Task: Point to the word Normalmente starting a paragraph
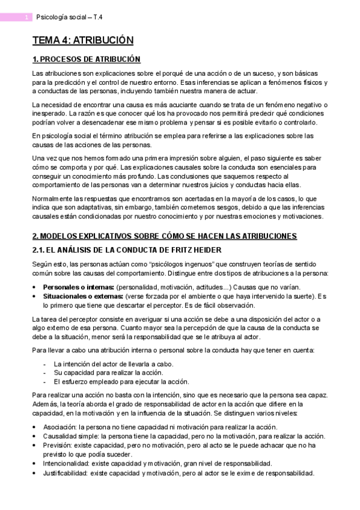click(x=53, y=198)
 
